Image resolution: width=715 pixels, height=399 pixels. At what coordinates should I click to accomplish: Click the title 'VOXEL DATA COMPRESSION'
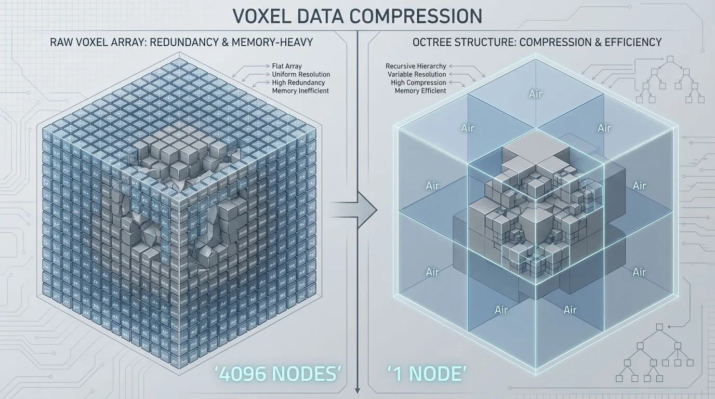(357, 16)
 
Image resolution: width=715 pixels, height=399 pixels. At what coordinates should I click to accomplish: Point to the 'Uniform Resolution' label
(301, 74)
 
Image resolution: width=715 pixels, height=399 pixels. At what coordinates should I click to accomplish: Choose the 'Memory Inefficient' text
(300, 90)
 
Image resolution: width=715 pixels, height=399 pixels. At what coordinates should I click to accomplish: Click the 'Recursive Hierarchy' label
(416, 66)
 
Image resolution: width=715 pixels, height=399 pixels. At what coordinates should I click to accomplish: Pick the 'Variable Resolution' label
(417, 74)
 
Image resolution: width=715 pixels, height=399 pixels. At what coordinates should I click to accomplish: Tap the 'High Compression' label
(419, 83)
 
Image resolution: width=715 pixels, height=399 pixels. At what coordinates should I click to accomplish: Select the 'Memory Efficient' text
(420, 90)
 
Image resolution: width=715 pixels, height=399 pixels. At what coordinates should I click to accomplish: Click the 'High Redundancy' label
(298, 83)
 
